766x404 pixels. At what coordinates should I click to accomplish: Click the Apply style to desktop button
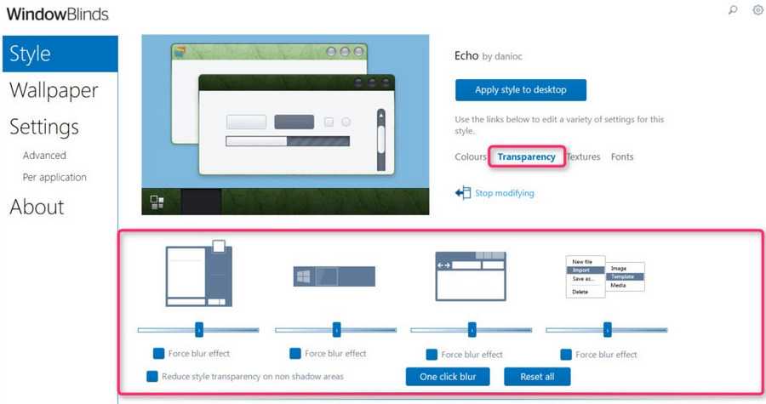[x=521, y=90]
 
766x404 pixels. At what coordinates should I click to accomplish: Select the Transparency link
[x=526, y=156]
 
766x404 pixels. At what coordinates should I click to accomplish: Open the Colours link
[x=471, y=156]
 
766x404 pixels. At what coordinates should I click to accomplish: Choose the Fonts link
[x=622, y=156]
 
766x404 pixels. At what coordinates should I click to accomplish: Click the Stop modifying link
[x=504, y=193]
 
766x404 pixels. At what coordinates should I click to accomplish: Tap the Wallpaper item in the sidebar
[x=54, y=90]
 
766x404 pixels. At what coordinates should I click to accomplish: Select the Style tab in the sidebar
[x=60, y=54]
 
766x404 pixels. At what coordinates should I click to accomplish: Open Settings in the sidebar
[x=44, y=127]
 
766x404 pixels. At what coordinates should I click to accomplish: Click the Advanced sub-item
[x=44, y=155]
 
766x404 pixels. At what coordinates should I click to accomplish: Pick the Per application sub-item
[x=54, y=177]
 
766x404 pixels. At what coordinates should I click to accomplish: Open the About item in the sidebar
[x=37, y=207]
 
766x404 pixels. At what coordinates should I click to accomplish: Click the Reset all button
[x=537, y=377]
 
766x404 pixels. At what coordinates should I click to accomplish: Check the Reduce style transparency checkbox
[x=152, y=376]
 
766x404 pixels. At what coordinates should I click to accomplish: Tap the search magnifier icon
[x=732, y=9]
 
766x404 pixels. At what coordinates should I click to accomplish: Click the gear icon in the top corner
[x=757, y=9]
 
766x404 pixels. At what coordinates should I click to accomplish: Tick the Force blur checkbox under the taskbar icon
[x=295, y=353]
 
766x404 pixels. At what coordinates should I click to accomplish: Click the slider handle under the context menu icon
[x=607, y=330]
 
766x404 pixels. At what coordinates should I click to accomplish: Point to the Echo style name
[x=466, y=55]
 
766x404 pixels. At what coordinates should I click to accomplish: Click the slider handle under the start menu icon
[x=199, y=330]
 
